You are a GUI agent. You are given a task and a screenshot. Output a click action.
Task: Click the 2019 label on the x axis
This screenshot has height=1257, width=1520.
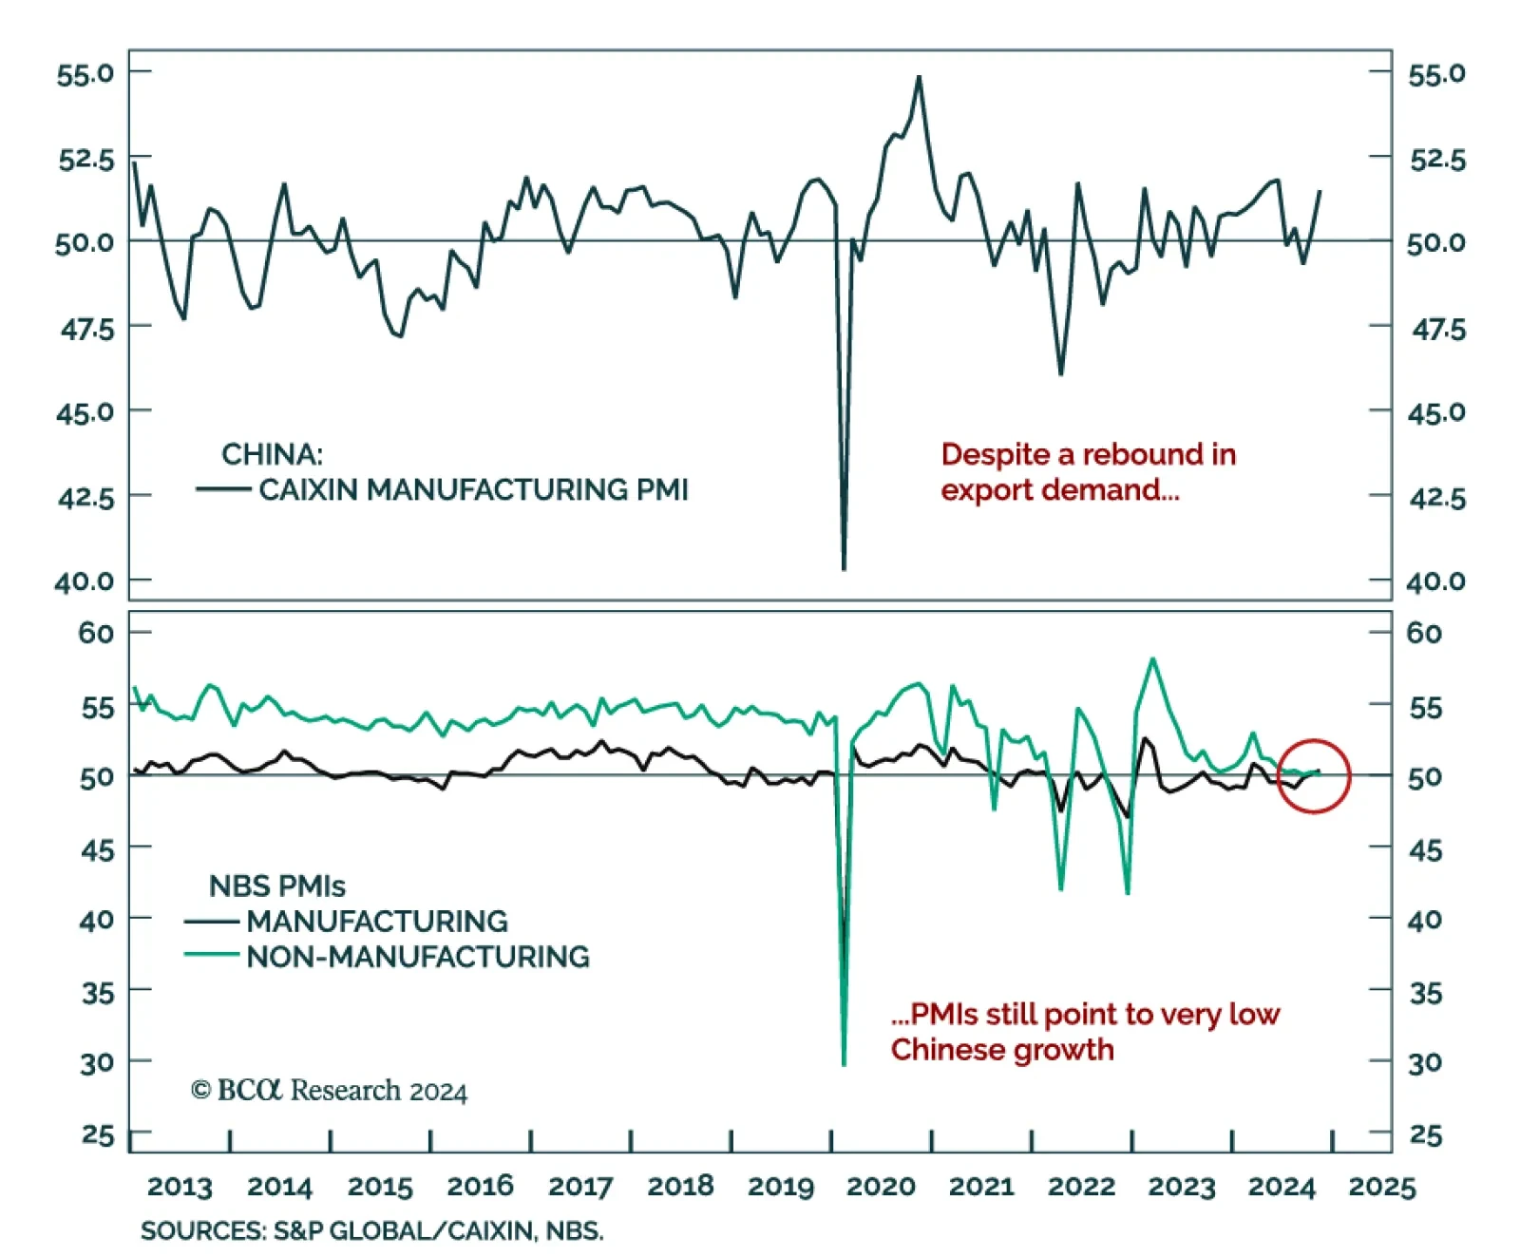point(780,1187)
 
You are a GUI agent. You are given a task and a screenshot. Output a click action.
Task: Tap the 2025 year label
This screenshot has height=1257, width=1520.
point(1381,1187)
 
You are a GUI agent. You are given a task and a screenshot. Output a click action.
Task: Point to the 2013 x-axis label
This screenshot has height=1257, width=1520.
point(180,1187)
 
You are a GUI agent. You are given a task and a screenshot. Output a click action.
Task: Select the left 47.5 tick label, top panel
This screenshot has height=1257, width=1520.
point(86,329)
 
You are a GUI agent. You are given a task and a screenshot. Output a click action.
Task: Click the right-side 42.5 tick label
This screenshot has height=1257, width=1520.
point(1437,498)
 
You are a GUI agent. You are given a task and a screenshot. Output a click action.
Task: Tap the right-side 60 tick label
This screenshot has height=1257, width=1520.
point(1424,633)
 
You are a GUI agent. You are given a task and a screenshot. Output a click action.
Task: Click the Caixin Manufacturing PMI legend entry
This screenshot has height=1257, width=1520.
point(473,489)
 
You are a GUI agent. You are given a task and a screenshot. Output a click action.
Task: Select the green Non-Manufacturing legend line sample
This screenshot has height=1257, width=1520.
point(211,954)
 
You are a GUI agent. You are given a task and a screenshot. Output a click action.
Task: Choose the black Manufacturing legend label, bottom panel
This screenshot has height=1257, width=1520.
point(377,921)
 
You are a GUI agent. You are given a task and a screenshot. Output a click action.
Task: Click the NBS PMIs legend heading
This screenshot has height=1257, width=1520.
point(276,886)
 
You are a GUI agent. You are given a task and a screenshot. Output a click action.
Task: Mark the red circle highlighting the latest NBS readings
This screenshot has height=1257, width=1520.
point(1314,775)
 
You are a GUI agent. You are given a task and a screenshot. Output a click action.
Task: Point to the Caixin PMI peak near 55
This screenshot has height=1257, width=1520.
point(919,77)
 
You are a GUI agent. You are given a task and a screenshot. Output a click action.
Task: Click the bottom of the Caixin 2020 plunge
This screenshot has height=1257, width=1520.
point(844,568)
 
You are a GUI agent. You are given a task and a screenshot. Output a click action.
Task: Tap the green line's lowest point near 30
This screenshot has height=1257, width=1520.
point(844,1064)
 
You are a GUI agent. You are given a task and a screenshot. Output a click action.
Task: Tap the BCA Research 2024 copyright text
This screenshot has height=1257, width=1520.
point(329,1090)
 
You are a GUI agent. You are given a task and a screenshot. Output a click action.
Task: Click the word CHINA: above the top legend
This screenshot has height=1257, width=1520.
point(272,454)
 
